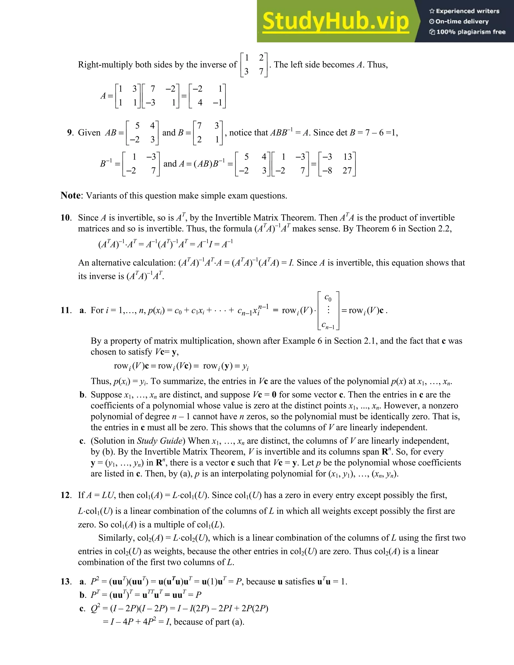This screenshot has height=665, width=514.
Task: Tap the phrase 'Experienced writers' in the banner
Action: coord(467,11)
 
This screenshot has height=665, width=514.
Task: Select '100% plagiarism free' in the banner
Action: coord(471,32)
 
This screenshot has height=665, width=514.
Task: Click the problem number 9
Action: coord(70,132)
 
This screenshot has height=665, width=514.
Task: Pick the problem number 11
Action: coord(66,310)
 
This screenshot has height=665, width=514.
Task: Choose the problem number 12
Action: coord(66,495)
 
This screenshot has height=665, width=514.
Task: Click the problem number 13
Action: coord(66,582)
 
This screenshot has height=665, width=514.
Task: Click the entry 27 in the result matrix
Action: coord(347,170)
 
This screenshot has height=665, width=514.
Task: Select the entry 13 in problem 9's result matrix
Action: coord(347,157)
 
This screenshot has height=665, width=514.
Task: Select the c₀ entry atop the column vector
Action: coord(328,297)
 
